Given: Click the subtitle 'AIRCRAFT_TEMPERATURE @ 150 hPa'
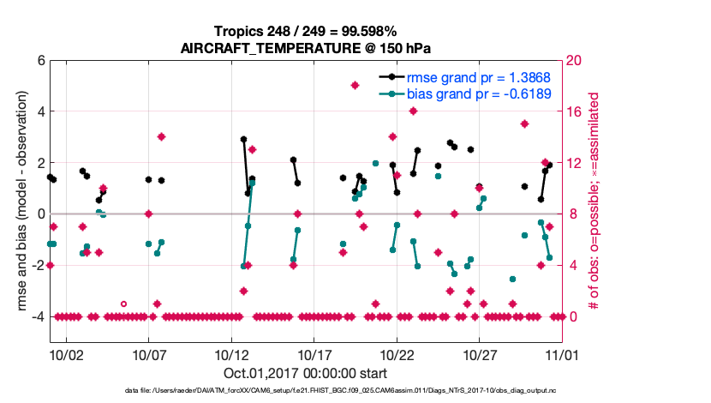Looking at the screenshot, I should (x=305, y=48).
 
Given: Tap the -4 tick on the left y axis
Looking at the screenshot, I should (x=37, y=316).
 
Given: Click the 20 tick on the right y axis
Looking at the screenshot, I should (x=576, y=60).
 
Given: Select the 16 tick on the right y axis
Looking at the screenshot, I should (x=576, y=111).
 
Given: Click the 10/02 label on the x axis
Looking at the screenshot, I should (x=66, y=353).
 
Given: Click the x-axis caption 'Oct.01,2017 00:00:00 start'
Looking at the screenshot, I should (x=305, y=373).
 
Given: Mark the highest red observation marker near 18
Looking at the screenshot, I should (x=355, y=85).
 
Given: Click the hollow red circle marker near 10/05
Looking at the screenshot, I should (x=123, y=304).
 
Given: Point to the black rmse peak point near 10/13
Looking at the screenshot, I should (x=243, y=139).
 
